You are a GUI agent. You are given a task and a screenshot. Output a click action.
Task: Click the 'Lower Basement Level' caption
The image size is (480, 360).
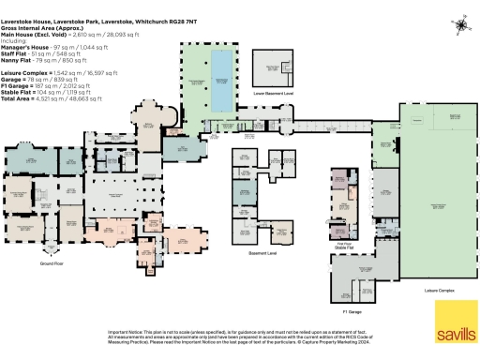[x=275, y=94]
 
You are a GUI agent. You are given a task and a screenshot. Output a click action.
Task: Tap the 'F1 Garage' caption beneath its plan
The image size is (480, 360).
[x=352, y=308]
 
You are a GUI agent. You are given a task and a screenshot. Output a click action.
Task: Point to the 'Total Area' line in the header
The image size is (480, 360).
[x=18, y=97]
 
